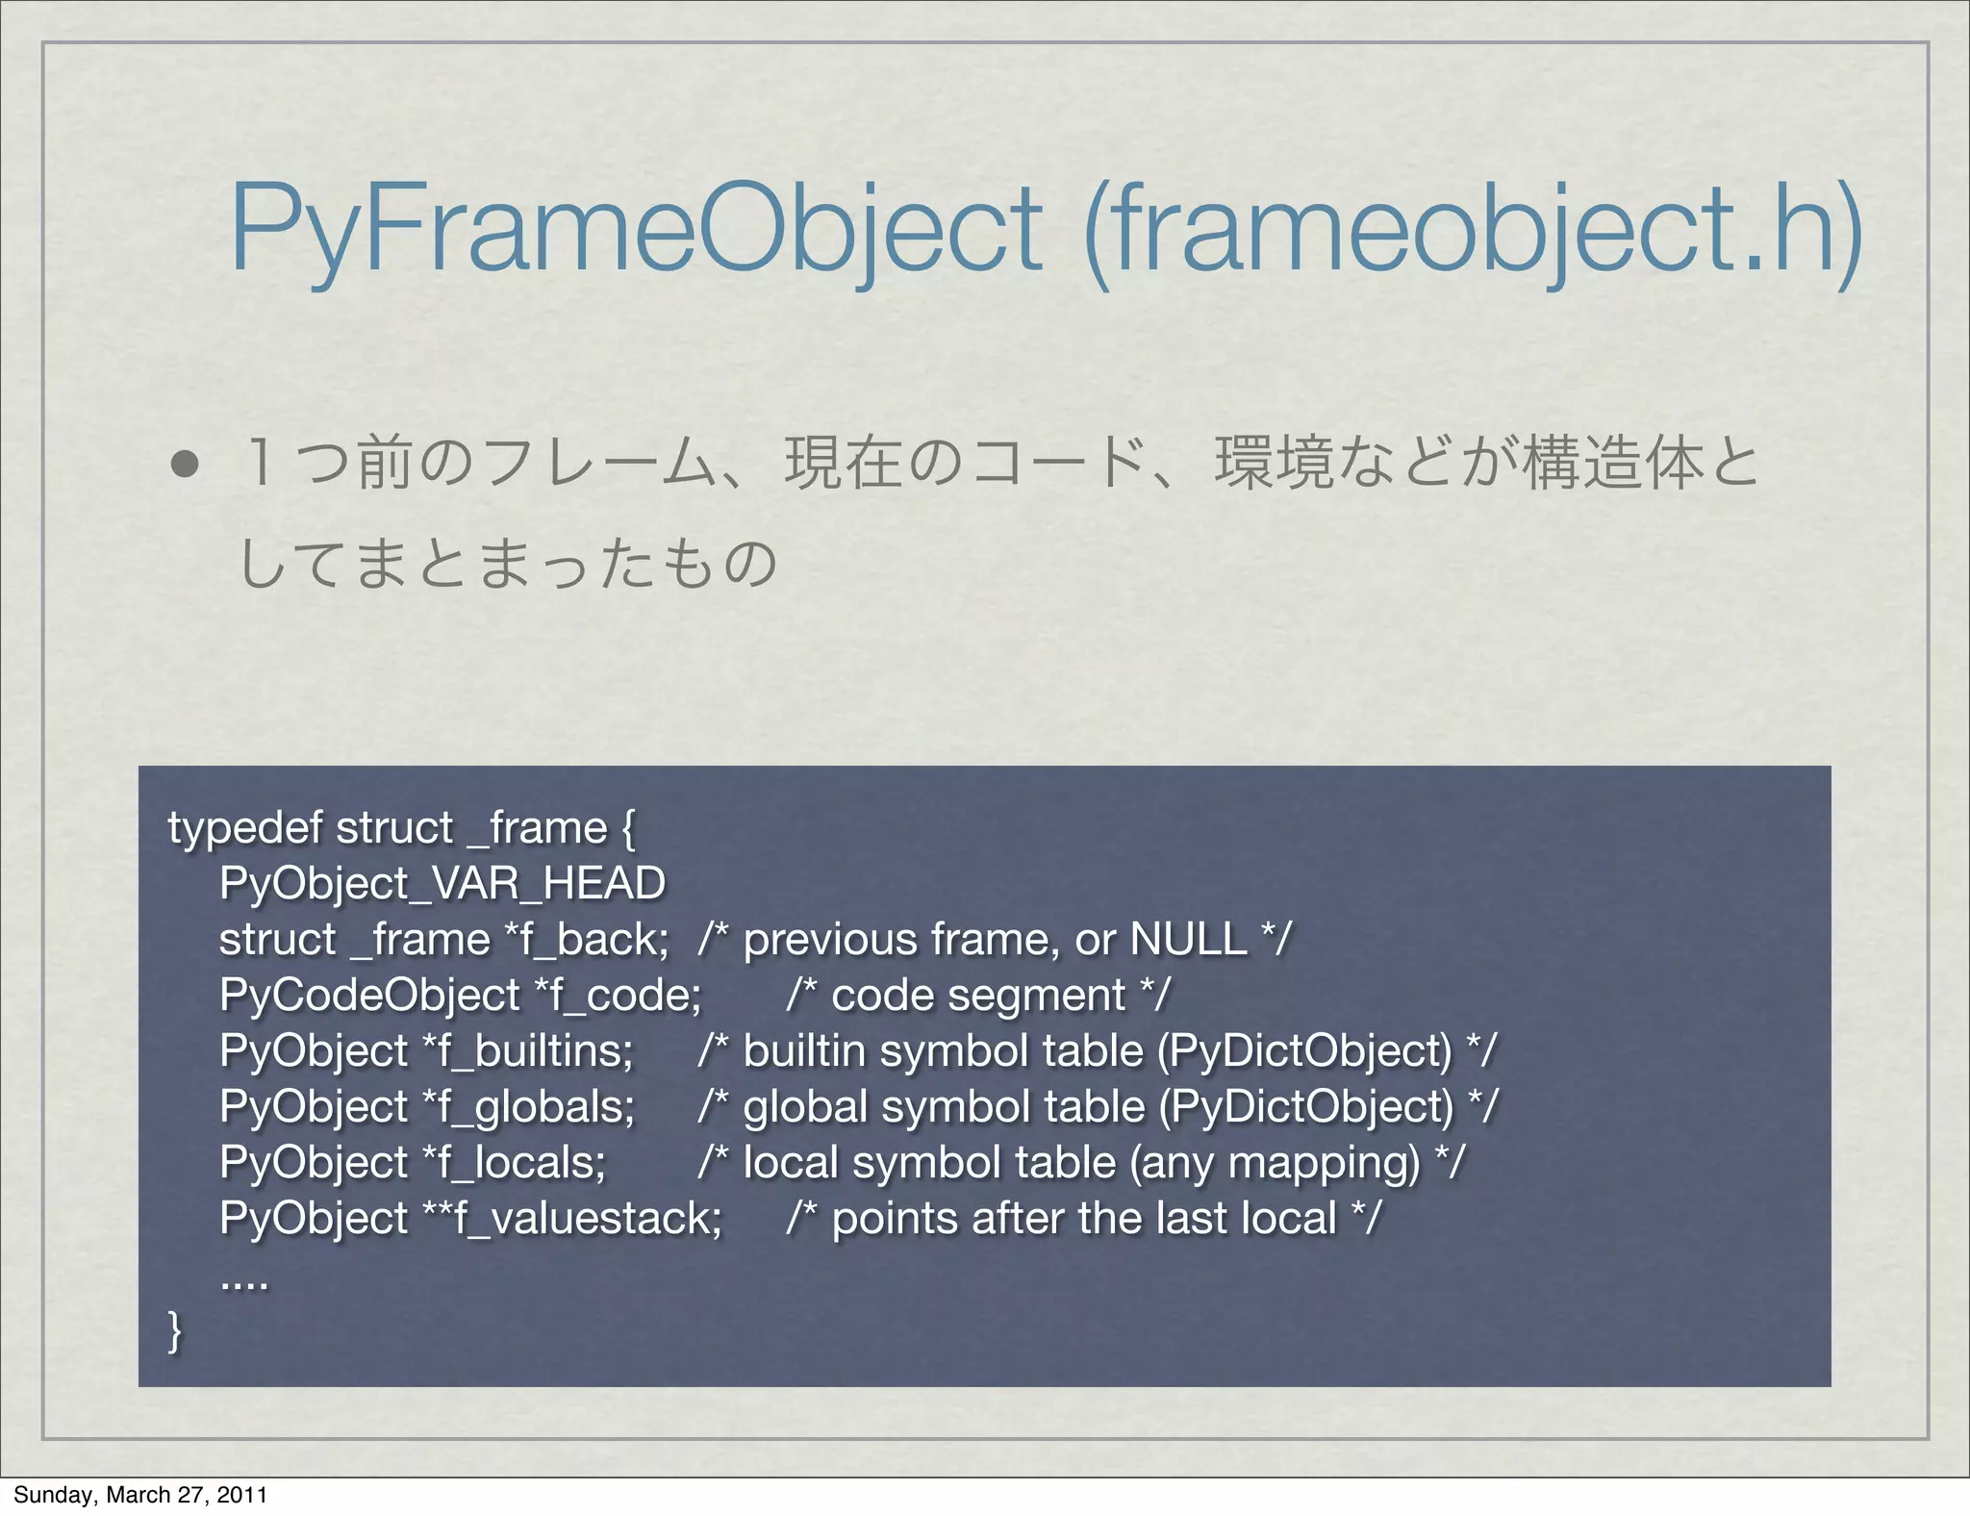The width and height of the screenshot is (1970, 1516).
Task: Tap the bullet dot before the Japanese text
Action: (x=185, y=465)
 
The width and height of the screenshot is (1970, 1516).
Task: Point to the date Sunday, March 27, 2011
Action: (x=139, y=1494)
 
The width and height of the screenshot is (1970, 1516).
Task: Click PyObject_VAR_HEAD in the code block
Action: (x=442, y=883)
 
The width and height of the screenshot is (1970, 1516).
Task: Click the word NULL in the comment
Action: (x=1188, y=939)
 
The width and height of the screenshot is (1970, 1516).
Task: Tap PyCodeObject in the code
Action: (x=369, y=995)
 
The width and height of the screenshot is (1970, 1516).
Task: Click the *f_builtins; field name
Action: (x=528, y=1050)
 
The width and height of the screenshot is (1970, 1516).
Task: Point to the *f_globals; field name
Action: (x=529, y=1106)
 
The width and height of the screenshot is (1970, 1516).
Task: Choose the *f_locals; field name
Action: (x=515, y=1162)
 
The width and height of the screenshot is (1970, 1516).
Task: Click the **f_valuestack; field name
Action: (x=572, y=1218)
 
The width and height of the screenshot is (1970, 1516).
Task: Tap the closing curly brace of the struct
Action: (x=175, y=1331)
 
